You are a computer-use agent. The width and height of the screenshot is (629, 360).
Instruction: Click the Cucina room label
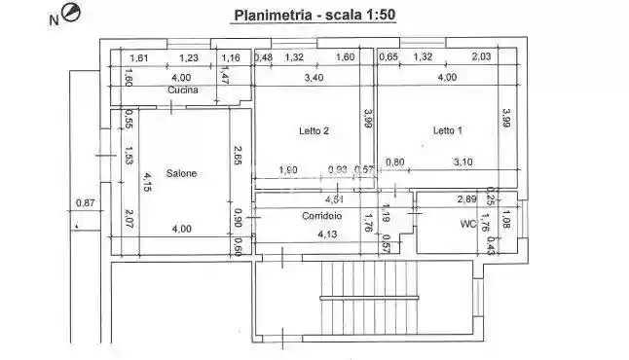pyautogui.click(x=183, y=90)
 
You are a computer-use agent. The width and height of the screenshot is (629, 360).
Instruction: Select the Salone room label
pyautogui.click(x=181, y=173)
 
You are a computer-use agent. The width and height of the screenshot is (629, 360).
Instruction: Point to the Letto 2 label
pyautogui.click(x=314, y=130)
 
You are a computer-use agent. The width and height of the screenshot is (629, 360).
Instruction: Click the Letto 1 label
pyautogui.click(x=448, y=130)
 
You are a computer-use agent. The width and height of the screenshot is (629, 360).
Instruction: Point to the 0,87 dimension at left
pyautogui.click(x=86, y=203)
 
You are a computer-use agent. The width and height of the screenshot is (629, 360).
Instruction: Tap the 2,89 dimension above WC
pyautogui.click(x=467, y=199)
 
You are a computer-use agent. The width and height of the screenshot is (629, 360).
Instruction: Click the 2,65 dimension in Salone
pyautogui.click(x=238, y=155)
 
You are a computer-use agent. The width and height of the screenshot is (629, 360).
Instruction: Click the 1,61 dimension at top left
pyautogui.click(x=138, y=58)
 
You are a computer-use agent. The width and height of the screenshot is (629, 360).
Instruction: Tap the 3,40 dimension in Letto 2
pyautogui.click(x=314, y=78)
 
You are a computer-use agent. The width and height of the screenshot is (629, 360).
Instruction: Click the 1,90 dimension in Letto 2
pyautogui.click(x=288, y=169)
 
